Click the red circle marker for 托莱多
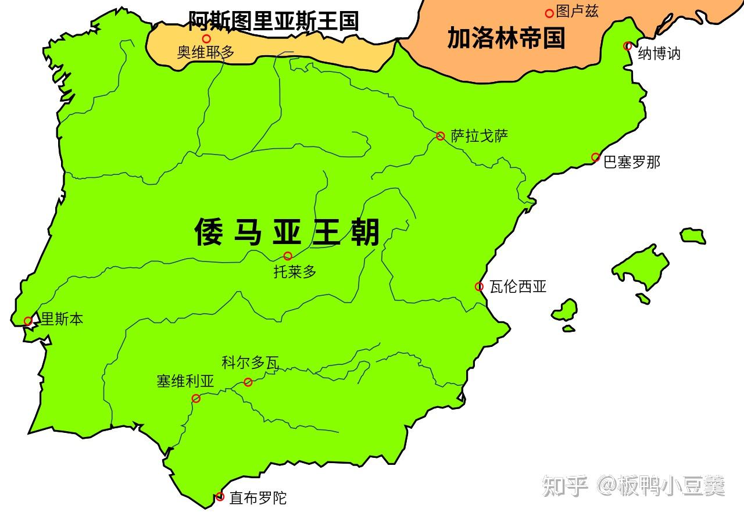click(288, 256)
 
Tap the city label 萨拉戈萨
click(480, 136)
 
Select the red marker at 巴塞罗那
click(595, 157)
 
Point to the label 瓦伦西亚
click(518, 286)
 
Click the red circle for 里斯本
click(27, 321)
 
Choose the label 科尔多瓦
click(250, 363)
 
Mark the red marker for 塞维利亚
click(196, 398)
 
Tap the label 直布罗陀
click(257, 498)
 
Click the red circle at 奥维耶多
click(206, 39)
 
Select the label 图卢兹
click(577, 11)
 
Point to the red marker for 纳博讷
click(627, 46)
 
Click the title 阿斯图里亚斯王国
click(272, 21)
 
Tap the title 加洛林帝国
click(506, 38)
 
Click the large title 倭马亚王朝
click(287, 232)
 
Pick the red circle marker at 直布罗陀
click(220, 496)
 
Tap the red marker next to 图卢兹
click(549, 13)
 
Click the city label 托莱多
click(295, 271)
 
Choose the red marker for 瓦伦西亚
click(479, 286)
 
